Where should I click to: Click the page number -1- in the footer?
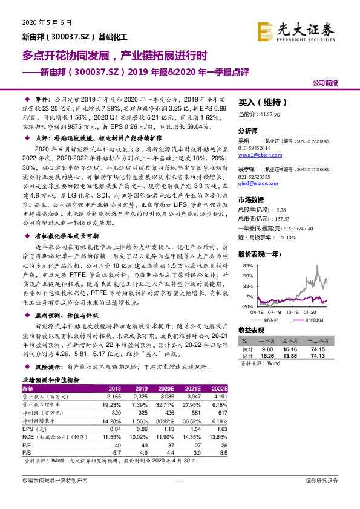[x=180, y=497]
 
